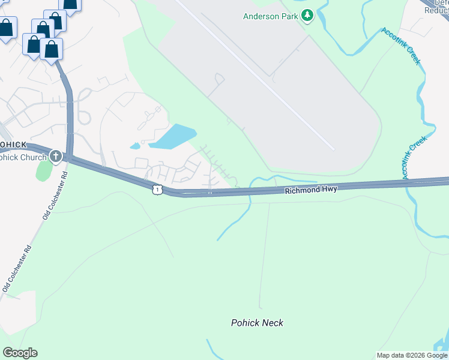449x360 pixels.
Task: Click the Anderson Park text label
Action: coord(270,16)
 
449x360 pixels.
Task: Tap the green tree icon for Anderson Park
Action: coord(308,15)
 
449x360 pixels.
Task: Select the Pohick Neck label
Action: coord(257,323)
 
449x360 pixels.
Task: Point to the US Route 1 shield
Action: coord(157,189)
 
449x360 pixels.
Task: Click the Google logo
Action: coord(20,353)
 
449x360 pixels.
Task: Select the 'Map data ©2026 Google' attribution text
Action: coord(412,355)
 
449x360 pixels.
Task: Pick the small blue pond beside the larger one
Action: coord(135,146)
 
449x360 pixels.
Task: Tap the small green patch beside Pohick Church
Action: coord(44,170)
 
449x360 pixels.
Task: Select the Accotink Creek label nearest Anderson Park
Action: coord(401,46)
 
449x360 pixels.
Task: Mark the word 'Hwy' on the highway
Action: coord(328,188)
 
